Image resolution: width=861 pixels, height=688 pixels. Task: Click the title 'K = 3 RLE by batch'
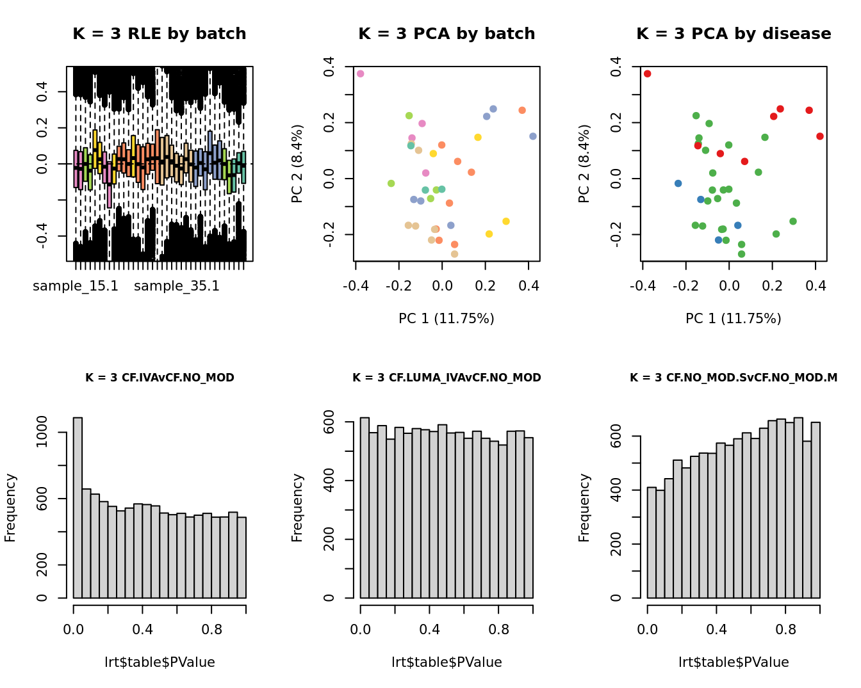tap(159, 34)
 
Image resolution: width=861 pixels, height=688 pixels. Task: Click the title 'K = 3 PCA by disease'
tap(734, 34)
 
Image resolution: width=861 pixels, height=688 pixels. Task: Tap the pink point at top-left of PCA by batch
tap(361, 74)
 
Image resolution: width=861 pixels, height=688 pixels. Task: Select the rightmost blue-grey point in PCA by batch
tap(533, 136)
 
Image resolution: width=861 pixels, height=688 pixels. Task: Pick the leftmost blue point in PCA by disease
tap(678, 184)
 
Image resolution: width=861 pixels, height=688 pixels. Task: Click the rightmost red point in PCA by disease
tap(820, 136)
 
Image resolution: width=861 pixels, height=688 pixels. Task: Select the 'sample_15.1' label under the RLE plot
tap(76, 286)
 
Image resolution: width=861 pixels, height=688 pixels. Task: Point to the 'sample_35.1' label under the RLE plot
tap(177, 286)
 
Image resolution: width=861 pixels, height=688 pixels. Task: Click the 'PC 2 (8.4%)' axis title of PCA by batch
tap(297, 164)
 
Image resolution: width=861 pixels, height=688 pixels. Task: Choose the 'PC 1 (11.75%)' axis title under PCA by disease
tap(734, 319)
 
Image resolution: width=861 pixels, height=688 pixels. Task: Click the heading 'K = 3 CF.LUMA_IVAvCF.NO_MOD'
tap(447, 378)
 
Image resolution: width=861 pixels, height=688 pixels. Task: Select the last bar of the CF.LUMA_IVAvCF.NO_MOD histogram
tap(529, 518)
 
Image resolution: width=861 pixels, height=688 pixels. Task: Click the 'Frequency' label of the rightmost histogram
tap(584, 508)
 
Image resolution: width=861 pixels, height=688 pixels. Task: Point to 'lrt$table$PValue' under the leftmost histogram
tap(160, 662)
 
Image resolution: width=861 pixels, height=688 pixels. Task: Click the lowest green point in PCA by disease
tap(741, 254)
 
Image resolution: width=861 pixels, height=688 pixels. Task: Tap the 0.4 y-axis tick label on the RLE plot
tap(42, 92)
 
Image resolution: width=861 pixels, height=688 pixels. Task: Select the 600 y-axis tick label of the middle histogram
tap(329, 422)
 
